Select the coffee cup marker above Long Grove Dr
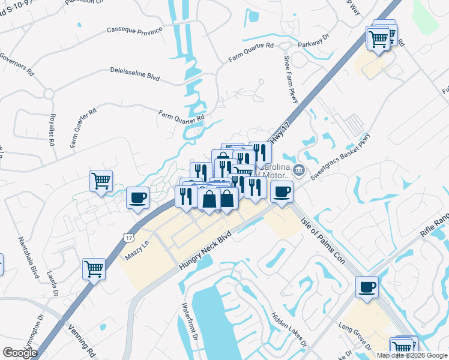click(367, 286)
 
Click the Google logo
click(20, 353)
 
